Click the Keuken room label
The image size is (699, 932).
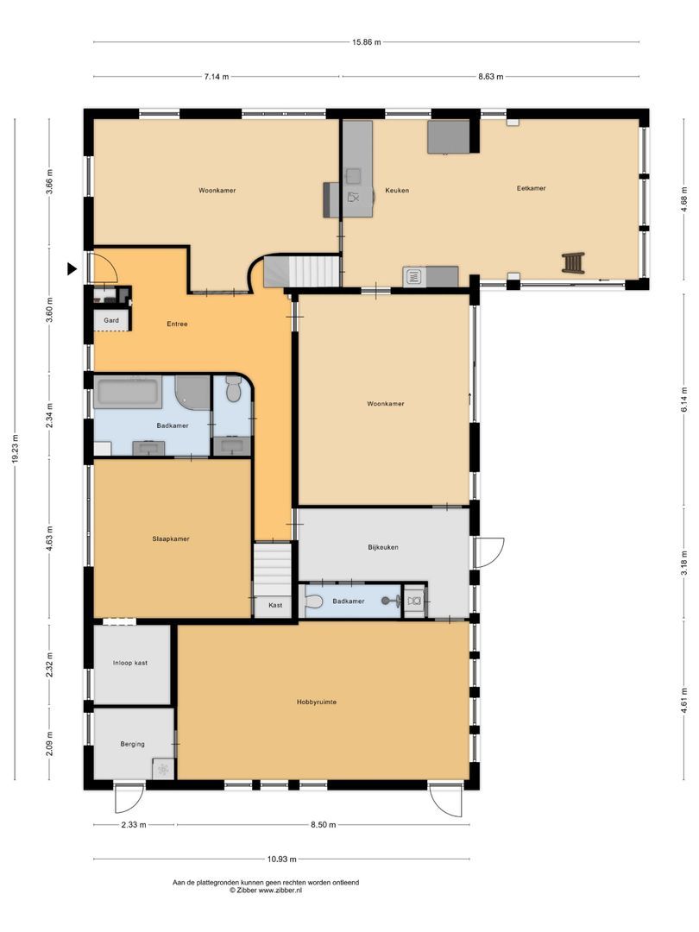point(396,190)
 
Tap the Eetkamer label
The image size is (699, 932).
point(531,188)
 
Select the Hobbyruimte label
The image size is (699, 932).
point(316,702)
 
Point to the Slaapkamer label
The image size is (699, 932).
point(171,539)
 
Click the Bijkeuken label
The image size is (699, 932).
point(383,547)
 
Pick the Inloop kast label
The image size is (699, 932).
point(130,663)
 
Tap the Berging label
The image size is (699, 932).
point(132,744)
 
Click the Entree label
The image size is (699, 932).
point(177,324)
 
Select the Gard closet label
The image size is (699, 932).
point(111,320)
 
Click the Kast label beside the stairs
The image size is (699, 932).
point(275,605)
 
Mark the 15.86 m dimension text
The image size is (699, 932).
point(366,41)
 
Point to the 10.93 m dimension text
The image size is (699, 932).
point(281,859)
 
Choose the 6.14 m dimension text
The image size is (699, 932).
point(684,400)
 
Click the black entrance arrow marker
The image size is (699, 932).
point(72,269)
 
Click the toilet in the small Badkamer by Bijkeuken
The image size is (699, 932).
point(313,601)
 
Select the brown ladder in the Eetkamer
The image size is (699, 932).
point(574,262)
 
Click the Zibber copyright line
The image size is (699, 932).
point(266,890)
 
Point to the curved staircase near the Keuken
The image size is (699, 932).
point(302,271)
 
